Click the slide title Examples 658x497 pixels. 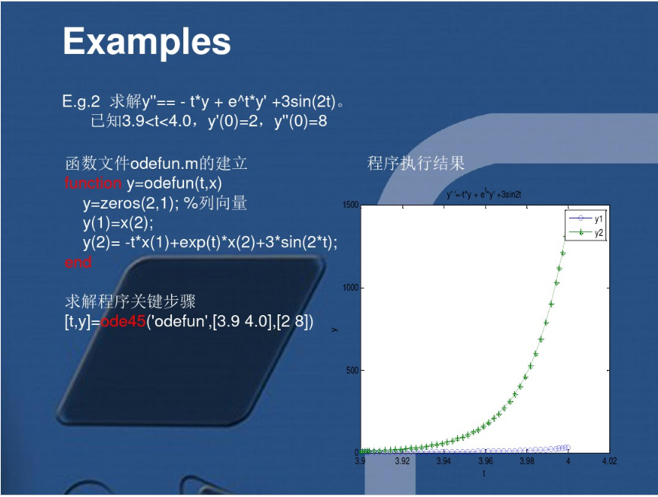[x=147, y=41]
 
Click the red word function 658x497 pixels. [x=93, y=183]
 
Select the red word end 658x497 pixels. [x=78, y=263]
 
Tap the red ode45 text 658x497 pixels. [x=122, y=321]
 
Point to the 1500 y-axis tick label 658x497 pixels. [x=350, y=205]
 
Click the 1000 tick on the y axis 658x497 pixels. [x=350, y=288]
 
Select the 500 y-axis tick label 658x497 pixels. [x=352, y=371]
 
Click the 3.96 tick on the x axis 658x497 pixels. [x=485, y=461]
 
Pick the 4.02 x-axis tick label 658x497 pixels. [x=609, y=461]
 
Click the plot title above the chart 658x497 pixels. [x=484, y=195]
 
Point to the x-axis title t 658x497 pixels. [x=484, y=473]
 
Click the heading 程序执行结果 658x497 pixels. [x=415, y=163]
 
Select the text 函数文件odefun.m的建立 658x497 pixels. [x=156, y=163]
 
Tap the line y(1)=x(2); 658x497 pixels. [x=118, y=222]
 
